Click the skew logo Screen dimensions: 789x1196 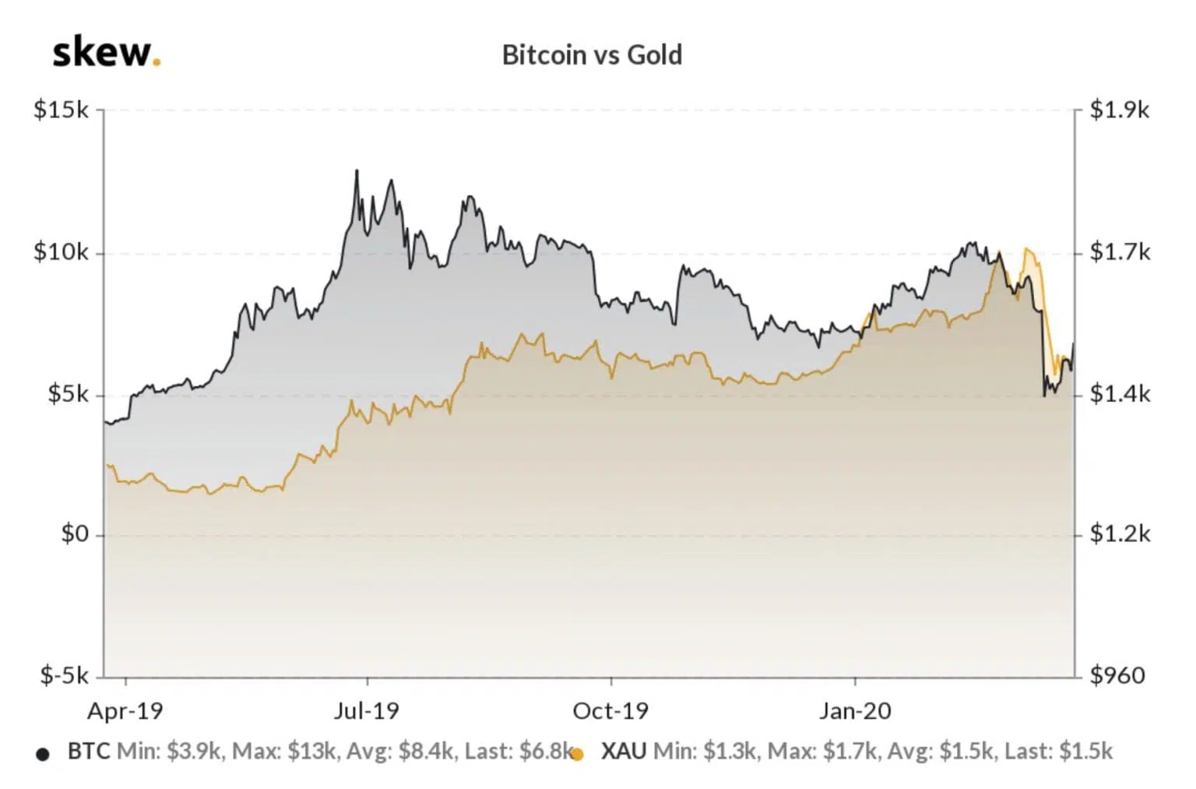[x=106, y=53]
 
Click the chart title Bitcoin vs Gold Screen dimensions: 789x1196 [x=592, y=55]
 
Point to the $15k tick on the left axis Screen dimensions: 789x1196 [x=61, y=110]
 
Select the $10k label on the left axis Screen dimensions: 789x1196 [x=61, y=252]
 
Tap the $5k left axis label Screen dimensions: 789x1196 [x=68, y=394]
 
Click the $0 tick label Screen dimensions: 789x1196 [x=75, y=534]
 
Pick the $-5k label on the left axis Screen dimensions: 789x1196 [x=65, y=675]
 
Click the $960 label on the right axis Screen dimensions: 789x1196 [x=1117, y=675]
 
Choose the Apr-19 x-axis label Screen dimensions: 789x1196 [x=125, y=710]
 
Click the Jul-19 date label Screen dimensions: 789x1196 [x=366, y=710]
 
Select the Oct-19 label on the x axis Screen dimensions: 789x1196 [x=610, y=710]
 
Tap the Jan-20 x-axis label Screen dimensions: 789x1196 [x=855, y=710]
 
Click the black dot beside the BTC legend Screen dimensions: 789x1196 [x=43, y=754]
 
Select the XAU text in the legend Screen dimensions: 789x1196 [x=624, y=751]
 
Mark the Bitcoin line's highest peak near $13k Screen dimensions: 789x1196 [x=357, y=171]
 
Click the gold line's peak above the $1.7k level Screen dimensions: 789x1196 [x=1028, y=249]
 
